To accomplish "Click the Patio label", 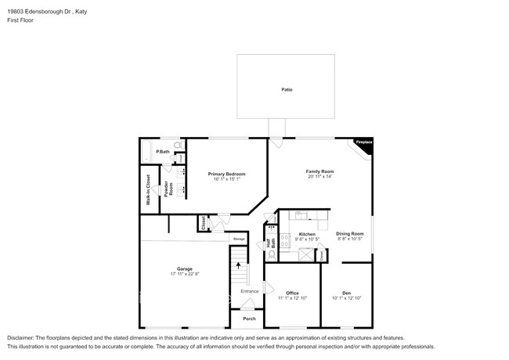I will click(287, 90).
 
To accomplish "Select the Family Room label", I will click(320, 171).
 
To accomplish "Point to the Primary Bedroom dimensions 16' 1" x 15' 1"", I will click(226, 179).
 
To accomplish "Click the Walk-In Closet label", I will click(148, 189).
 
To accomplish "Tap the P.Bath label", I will click(163, 151).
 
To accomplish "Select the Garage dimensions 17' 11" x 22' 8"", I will click(185, 273).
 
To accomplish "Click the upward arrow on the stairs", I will click(239, 266).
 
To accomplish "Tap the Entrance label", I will click(250, 291).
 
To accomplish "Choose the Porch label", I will click(249, 319).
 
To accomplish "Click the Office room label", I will click(292, 293).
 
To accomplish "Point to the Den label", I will click(347, 293).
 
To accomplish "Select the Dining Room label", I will click(350, 234).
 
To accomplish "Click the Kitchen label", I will click(307, 234).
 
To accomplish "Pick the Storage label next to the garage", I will click(239, 238).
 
